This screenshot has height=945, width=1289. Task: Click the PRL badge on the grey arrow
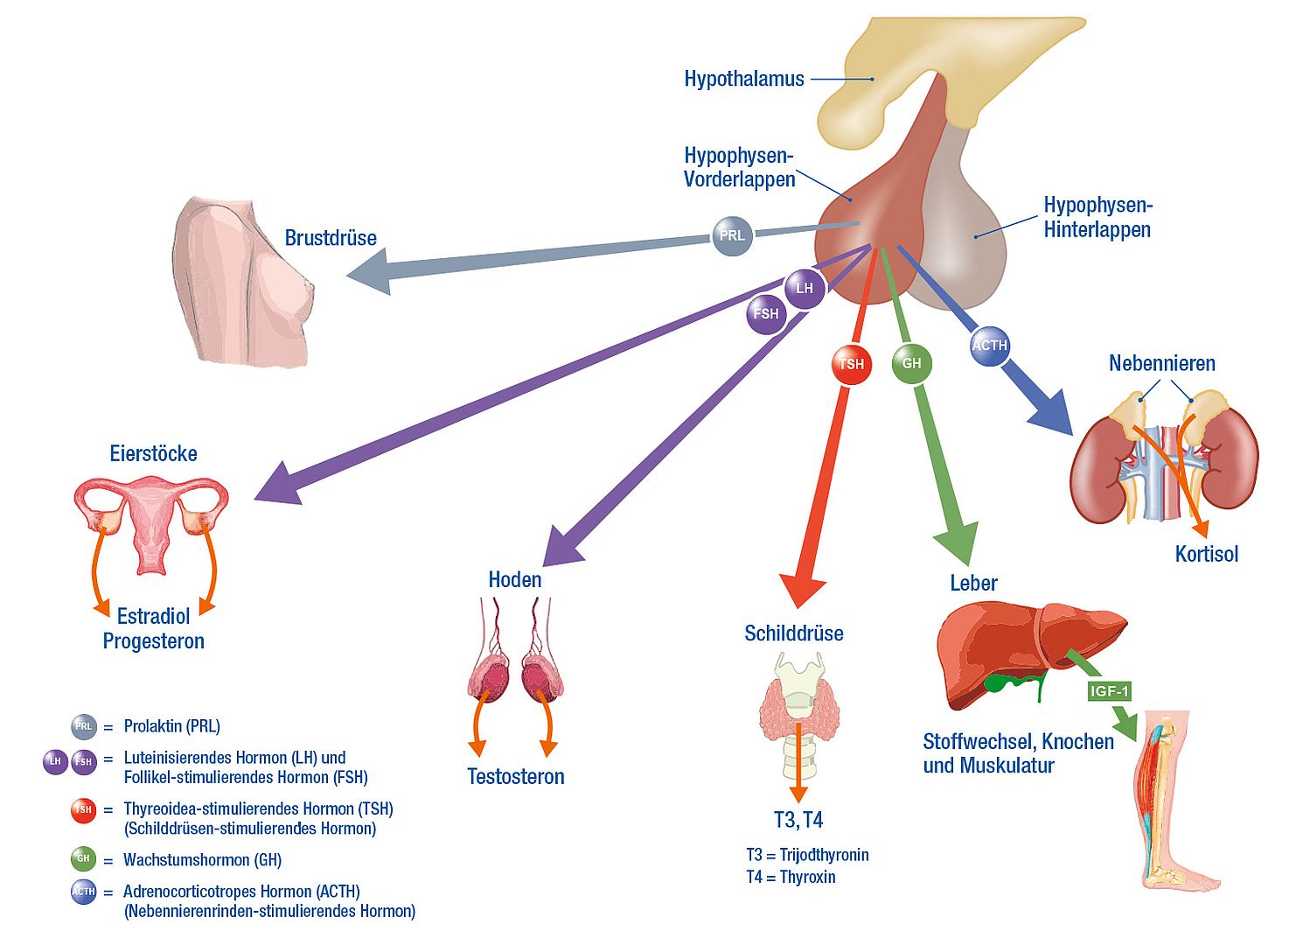pyautogui.click(x=732, y=234)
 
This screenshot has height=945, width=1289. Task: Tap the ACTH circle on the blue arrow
pyautogui.click(x=989, y=345)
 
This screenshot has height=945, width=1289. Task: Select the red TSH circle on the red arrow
pyautogui.click(x=851, y=364)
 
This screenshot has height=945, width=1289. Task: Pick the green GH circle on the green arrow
pyautogui.click(x=911, y=363)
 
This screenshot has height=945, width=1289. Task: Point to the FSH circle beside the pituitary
pyautogui.click(x=766, y=313)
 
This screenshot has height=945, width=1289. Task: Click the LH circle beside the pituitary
pyautogui.click(x=805, y=288)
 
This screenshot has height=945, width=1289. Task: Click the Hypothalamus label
pyautogui.click(x=744, y=79)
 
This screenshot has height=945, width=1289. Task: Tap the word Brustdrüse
pyautogui.click(x=331, y=238)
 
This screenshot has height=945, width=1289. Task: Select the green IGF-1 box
pyautogui.click(x=1110, y=691)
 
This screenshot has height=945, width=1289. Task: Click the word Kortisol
pyautogui.click(x=1206, y=554)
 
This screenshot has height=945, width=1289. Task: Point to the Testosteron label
pyautogui.click(x=515, y=776)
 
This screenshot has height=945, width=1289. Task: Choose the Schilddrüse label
pyautogui.click(x=793, y=633)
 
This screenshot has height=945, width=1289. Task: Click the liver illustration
pyautogui.click(x=1023, y=652)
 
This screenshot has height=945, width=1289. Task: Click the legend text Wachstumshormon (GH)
pyautogui.click(x=202, y=860)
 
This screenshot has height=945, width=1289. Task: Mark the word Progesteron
pyautogui.click(x=154, y=641)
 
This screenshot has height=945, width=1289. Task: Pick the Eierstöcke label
pyautogui.click(x=153, y=453)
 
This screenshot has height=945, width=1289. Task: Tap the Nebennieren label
pyautogui.click(x=1161, y=363)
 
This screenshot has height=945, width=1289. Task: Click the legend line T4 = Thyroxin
pyautogui.click(x=791, y=877)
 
